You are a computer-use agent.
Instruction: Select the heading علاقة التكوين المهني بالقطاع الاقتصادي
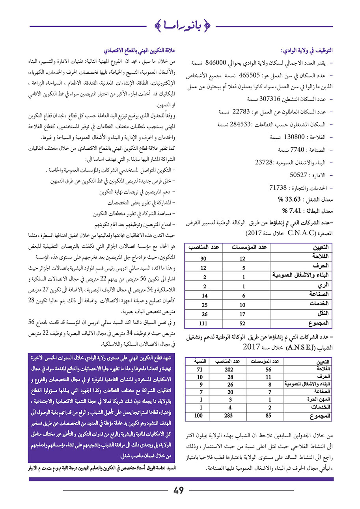[x=139, y=51]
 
